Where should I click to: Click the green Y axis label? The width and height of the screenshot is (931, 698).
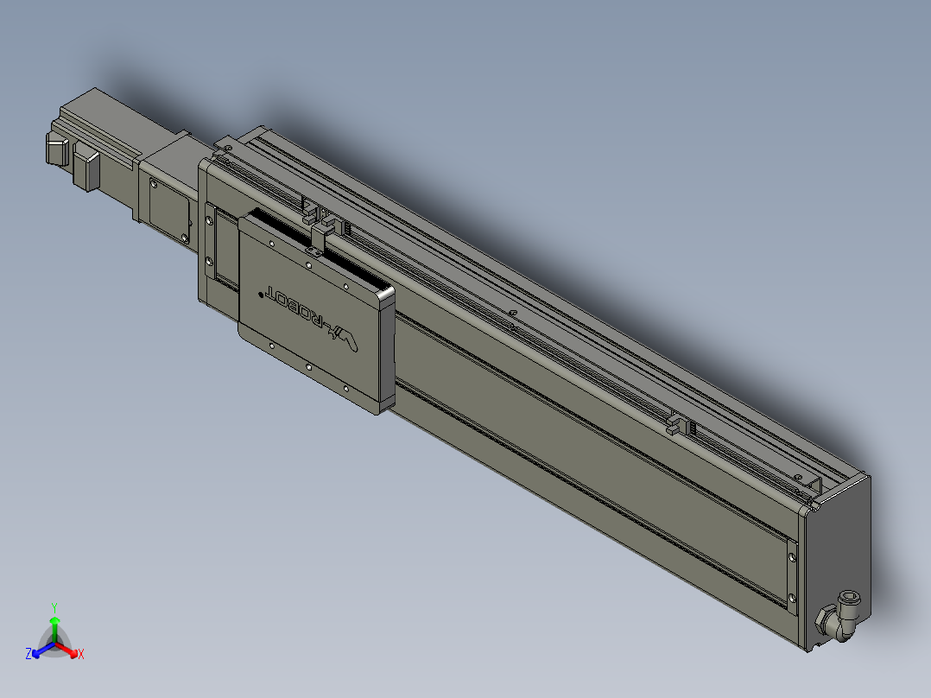tap(54, 607)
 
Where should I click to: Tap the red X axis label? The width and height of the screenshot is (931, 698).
tap(80, 654)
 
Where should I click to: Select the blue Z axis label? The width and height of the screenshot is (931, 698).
tap(28, 654)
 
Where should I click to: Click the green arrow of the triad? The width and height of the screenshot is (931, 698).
tap(54, 627)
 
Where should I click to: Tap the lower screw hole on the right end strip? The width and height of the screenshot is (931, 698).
tap(791, 595)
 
